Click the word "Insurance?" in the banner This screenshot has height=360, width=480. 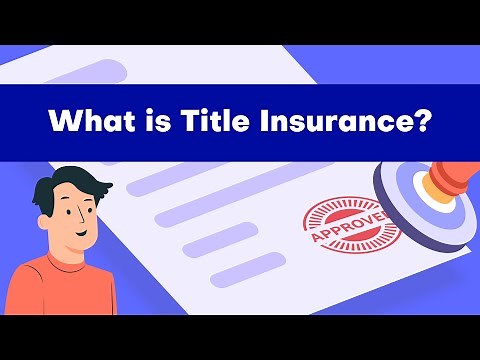click(339, 123)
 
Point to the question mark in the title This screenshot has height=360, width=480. click(424, 123)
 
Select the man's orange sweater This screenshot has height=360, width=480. click(60, 290)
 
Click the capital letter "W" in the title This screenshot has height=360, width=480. click(62, 123)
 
